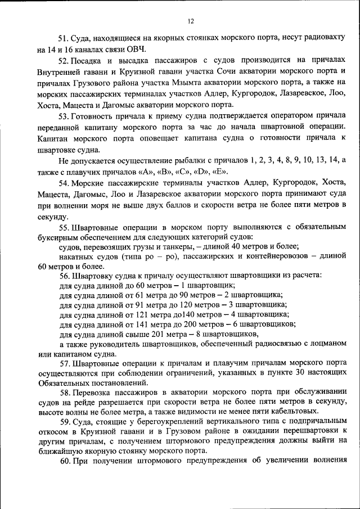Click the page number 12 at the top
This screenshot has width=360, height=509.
coord(190,21)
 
